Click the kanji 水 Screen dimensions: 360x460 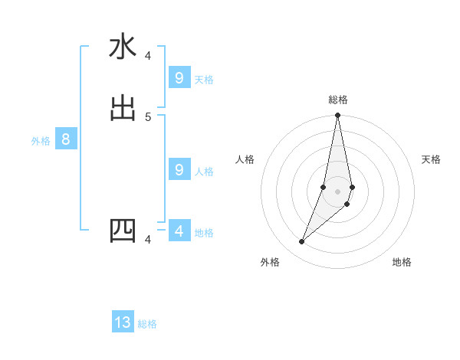(123, 47)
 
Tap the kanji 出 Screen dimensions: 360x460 (123, 108)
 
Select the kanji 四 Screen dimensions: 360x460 (123, 231)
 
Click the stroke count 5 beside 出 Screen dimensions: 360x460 (148, 116)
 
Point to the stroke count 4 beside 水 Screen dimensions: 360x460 (148, 56)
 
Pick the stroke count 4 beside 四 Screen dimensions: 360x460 (148, 240)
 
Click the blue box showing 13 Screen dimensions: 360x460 (123, 322)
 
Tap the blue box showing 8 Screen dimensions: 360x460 (66, 139)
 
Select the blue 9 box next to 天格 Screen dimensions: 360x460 (179, 78)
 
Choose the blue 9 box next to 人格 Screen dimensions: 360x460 (179, 170)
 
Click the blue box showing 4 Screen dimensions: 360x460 (179, 231)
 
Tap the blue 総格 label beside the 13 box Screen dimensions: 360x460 (147, 324)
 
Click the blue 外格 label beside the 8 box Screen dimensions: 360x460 (41, 141)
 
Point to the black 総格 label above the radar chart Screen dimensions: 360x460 (338, 100)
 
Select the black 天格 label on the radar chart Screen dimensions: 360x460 (431, 159)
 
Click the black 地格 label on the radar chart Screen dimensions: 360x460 (402, 262)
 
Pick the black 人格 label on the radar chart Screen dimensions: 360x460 (245, 159)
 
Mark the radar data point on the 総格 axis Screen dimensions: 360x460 (337, 116)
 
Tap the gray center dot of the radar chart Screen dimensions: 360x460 (337, 191)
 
